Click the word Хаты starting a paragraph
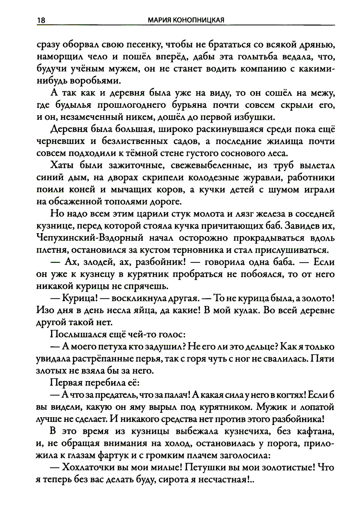click(x=62, y=166)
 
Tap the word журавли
click(x=259, y=177)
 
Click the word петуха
click(x=113, y=347)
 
